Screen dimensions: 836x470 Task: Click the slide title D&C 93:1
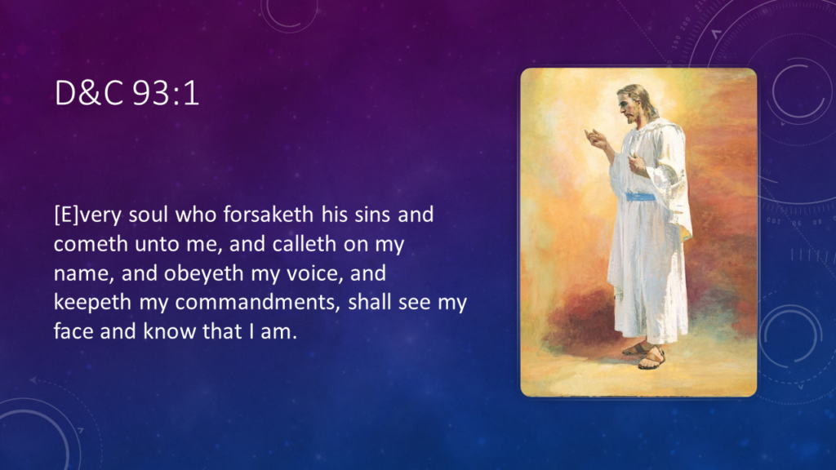pos(127,93)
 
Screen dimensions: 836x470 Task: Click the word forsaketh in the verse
pos(268,215)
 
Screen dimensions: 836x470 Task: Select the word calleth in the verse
pos(304,243)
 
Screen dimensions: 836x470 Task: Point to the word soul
pos(149,215)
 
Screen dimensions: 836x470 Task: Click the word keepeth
pos(93,302)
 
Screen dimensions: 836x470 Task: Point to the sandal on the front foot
pos(651,360)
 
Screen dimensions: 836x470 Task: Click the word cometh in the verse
pos(91,243)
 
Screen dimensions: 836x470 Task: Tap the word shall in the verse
pos(370,302)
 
